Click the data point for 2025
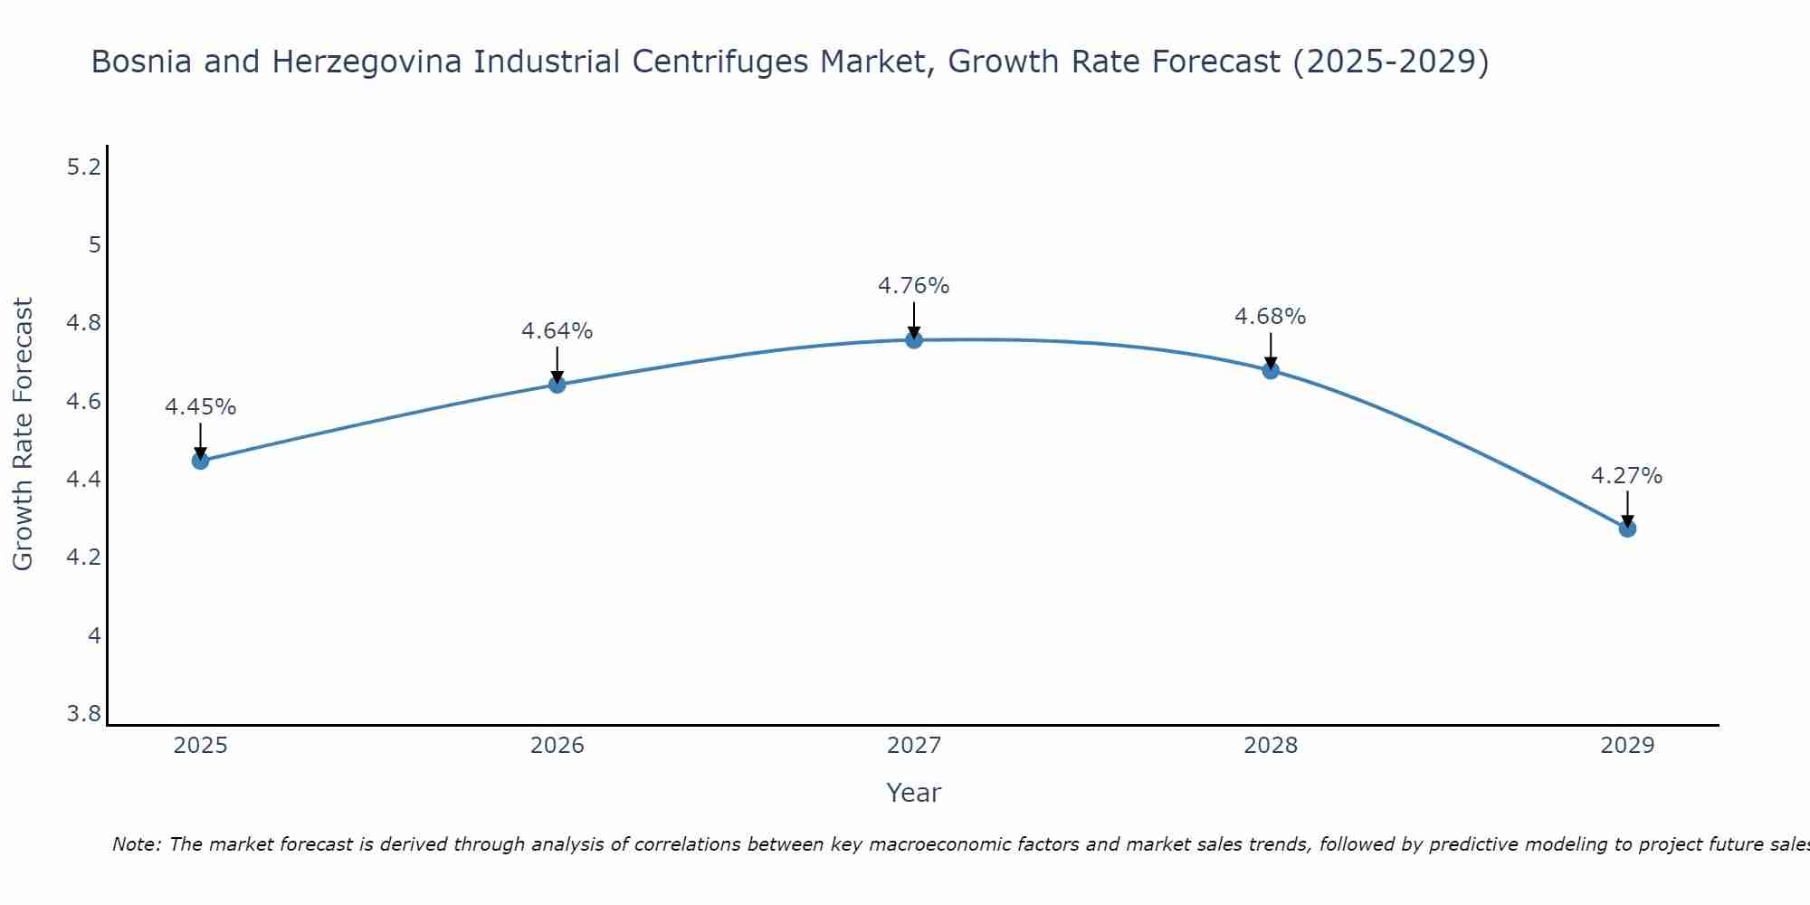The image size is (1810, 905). tap(200, 461)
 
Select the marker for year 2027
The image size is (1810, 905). tap(913, 339)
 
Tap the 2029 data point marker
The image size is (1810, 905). tap(1626, 528)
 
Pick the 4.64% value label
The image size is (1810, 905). tap(557, 331)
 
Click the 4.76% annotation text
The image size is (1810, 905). tap(913, 286)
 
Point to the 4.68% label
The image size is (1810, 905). tap(1270, 317)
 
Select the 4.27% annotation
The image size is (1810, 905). tap(1626, 476)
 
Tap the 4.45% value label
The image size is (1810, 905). tap(200, 407)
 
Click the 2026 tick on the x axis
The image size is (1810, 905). tap(557, 746)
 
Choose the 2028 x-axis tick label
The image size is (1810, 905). tap(1270, 746)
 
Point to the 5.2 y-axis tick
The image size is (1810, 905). tap(84, 167)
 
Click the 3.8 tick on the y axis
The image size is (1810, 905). tap(84, 714)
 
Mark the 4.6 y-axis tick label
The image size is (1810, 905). tap(84, 402)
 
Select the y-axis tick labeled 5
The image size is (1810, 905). tap(94, 245)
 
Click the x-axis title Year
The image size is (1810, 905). tap(913, 793)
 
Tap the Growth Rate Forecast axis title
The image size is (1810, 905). tap(23, 434)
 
